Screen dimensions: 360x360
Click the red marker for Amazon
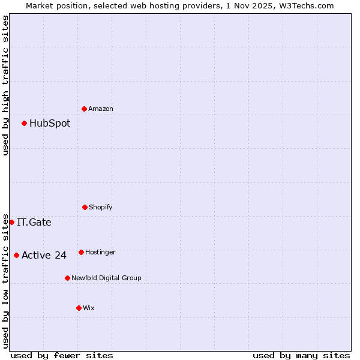click(84, 109)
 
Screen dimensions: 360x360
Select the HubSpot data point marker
click(24, 123)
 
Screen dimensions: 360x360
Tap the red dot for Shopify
click(85, 207)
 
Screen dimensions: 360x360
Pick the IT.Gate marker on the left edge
click(11, 222)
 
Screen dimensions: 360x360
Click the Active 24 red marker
click(16, 255)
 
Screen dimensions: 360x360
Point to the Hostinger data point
click(81, 252)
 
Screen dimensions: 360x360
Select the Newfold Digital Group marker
click(67, 278)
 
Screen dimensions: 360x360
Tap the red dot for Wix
click(79, 308)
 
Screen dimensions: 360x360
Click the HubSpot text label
click(50, 124)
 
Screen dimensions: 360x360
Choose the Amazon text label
click(101, 109)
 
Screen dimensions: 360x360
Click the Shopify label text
click(101, 208)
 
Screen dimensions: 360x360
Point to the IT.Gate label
click(34, 223)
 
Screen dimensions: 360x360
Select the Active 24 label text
click(44, 256)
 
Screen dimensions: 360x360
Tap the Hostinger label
click(100, 253)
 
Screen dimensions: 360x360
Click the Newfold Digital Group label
click(106, 278)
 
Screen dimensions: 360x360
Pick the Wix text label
click(89, 308)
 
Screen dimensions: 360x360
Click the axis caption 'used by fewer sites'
click(62, 355)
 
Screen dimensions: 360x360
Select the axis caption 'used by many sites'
click(301, 355)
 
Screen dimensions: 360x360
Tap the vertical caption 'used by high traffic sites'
click(5, 85)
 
